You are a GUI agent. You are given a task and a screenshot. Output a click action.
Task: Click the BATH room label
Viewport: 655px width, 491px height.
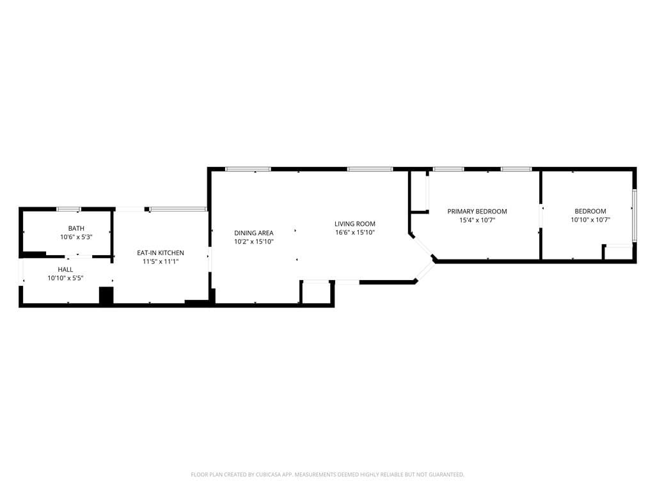[x=76, y=228]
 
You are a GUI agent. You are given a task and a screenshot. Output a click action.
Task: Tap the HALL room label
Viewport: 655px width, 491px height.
[x=65, y=270]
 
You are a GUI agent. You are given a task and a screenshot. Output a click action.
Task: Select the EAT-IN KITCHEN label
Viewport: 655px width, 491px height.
[x=161, y=253]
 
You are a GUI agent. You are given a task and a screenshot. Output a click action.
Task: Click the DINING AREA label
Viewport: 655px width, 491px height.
[x=254, y=233]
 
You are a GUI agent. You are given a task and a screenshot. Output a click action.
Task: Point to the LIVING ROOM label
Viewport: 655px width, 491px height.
[x=355, y=224]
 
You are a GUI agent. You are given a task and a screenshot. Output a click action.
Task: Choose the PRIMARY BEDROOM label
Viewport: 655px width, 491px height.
[x=477, y=212]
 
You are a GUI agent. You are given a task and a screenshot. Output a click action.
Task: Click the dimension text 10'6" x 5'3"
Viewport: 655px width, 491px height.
[x=76, y=237]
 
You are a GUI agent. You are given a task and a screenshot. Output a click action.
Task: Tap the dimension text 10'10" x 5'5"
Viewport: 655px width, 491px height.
[x=65, y=279]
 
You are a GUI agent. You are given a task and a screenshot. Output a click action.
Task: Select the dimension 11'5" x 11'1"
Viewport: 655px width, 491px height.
[x=161, y=261]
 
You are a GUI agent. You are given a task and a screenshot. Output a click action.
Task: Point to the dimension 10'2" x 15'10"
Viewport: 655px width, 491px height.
[x=254, y=242]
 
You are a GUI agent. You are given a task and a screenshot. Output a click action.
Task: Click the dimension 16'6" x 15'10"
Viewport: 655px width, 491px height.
[x=355, y=233]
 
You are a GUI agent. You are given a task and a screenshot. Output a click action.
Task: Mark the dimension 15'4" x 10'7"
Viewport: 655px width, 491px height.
[x=477, y=220]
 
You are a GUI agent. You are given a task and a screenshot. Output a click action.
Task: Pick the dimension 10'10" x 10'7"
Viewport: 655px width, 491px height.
[x=590, y=220]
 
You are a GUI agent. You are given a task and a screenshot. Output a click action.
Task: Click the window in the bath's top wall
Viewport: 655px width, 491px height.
[x=68, y=209]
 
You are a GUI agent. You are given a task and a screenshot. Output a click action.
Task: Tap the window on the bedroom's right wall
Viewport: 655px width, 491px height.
[x=635, y=215]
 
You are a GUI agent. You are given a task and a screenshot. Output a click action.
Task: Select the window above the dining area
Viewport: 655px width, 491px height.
[x=248, y=169]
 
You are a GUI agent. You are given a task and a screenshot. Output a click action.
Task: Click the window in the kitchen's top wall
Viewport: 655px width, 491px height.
[x=178, y=209]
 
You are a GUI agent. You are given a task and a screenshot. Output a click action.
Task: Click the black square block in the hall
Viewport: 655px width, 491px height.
[x=106, y=296]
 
